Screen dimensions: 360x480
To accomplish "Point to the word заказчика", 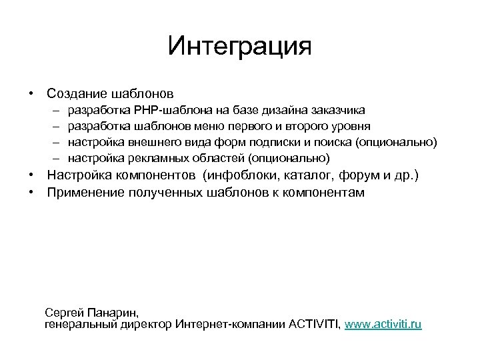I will point(337,109).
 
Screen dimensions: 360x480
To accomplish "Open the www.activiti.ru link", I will point(383,324).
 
